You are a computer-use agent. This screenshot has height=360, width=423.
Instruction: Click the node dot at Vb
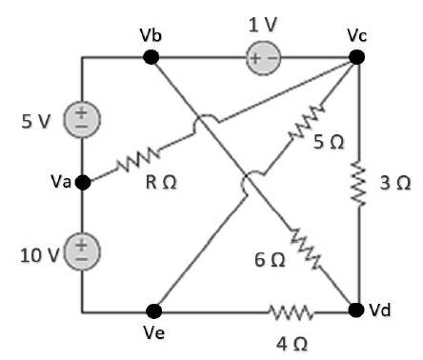point(151,57)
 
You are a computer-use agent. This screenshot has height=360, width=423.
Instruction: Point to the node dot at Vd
point(356,310)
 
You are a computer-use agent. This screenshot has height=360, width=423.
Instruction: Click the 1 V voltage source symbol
point(260,57)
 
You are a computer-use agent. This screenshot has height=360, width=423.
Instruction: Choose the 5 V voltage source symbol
point(83,120)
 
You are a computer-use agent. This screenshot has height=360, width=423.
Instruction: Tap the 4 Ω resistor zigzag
point(289,310)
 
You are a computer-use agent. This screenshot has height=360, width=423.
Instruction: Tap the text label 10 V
point(35,253)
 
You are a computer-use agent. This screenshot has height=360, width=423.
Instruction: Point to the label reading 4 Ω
point(290,340)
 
